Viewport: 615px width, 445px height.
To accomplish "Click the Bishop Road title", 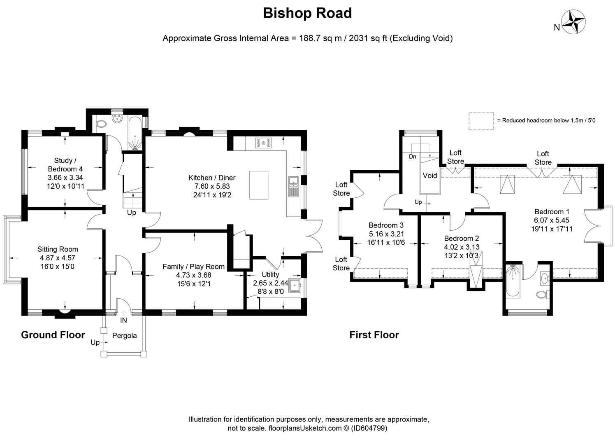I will click(307, 13).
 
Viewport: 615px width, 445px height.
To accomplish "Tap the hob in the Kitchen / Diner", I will click(263, 143).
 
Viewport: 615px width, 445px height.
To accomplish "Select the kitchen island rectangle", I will click(259, 185).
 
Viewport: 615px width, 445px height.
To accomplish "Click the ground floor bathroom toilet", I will click(100, 123).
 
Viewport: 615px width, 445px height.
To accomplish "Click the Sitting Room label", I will click(58, 249).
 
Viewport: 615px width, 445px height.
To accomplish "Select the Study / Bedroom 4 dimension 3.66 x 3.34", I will click(66, 178).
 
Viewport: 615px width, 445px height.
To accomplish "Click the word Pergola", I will click(125, 336).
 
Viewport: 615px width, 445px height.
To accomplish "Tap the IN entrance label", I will click(123, 320).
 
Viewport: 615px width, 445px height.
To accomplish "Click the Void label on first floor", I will click(430, 176).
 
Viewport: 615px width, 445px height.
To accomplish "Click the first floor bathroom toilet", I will click(542, 294).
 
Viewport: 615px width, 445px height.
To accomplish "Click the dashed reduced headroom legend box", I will click(481, 121).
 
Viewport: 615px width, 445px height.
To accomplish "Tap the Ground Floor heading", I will click(53, 335).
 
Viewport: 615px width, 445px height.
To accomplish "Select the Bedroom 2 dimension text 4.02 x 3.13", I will click(462, 247).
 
